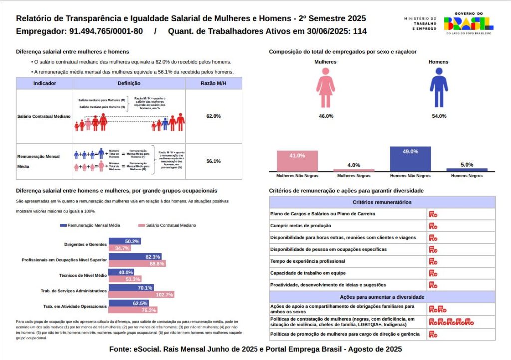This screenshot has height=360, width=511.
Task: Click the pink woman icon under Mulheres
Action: click(x=325, y=88)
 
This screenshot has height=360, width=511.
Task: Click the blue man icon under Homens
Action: click(x=439, y=88)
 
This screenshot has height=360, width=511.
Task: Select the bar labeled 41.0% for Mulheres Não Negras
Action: click(x=297, y=161)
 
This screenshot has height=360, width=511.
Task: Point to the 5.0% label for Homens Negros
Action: click(x=467, y=165)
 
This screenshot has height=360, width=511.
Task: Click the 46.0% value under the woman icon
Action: click(x=326, y=116)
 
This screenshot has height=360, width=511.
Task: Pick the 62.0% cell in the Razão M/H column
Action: click(x=213, y=116)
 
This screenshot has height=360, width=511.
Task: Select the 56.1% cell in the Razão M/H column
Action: click(x=213, y=161)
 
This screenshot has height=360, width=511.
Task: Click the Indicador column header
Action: click(x=45, y=83)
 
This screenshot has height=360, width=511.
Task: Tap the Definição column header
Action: click(x=129, y=83)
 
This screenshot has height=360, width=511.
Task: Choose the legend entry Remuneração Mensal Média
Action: click(x=90, y=225)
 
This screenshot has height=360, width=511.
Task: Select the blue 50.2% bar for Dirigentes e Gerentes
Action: click(x=125, y=241)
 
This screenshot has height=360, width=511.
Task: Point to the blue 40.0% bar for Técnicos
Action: click(x=121, y=272)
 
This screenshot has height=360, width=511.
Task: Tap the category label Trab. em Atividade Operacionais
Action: click(x=75, y=306)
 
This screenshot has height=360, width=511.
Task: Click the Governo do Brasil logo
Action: click(x=468, y=23)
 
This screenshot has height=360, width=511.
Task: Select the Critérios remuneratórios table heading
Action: click(x=382, y=202)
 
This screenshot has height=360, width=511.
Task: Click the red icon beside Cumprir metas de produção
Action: click(x=433, y=226)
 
